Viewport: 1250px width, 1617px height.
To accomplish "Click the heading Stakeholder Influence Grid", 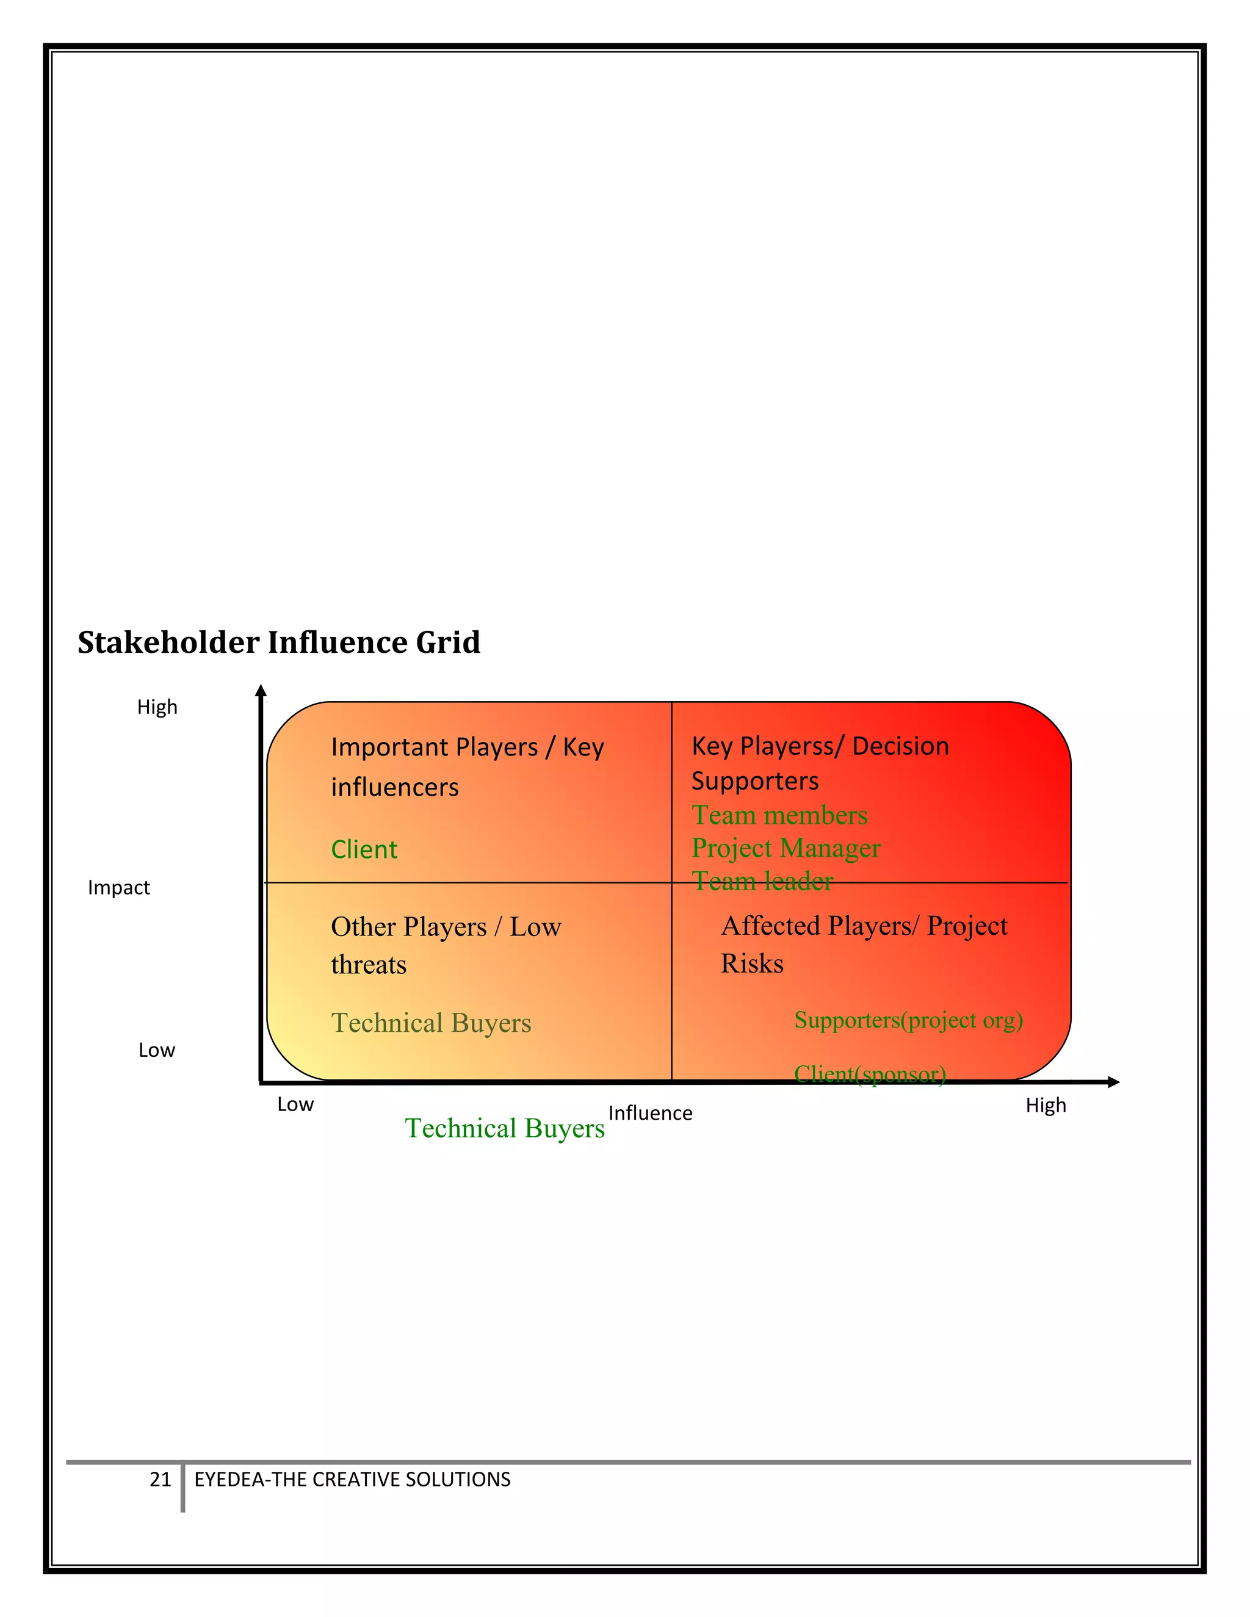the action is (x=278, y=643).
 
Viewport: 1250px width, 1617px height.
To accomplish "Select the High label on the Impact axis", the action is (x=157, y=707).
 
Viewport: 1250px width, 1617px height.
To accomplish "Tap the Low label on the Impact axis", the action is (x=156, y=1050).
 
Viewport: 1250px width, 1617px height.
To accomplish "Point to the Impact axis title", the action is (x=118, y=887).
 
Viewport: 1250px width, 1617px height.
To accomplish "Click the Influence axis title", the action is (x=650, y=1113).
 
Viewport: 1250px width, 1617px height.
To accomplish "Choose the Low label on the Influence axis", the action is (x=295, y=1104).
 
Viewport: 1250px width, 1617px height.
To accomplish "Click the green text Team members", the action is (x=779, y=815).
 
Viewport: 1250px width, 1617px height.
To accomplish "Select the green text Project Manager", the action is (x=786, y=848).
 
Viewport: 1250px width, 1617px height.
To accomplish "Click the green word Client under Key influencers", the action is (x=364, y=849).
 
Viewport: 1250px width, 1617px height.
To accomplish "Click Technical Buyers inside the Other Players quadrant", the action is (x=431, y=1023).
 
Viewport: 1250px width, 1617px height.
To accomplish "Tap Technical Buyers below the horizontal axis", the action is (x=504, y=1128).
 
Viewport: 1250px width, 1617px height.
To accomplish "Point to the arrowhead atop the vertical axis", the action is (x=261, y=691).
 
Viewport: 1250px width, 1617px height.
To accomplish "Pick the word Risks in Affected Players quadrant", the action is (x=751, y=963).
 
